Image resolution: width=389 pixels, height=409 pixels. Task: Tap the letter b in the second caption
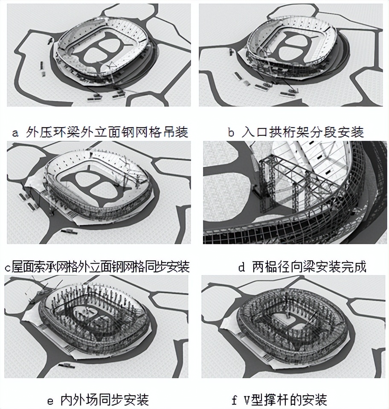pyautogui.click(x=231, y=132)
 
